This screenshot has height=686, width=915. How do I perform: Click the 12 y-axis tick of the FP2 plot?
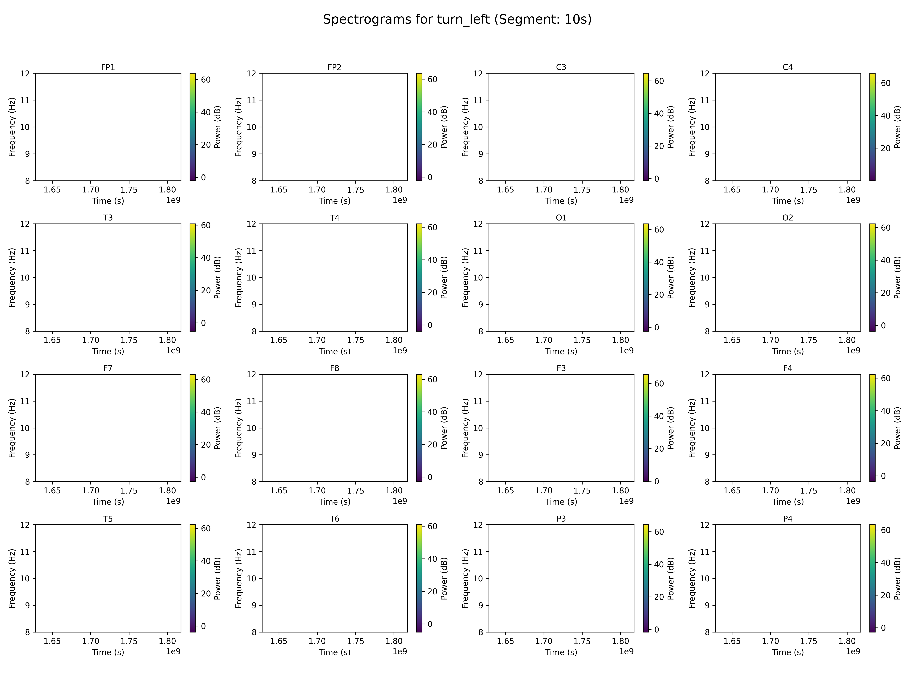[x=251, y=74]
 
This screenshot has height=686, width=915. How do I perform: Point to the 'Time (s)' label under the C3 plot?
[x=561, y=201]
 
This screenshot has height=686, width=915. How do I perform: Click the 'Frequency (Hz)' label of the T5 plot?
[x=12, y=579]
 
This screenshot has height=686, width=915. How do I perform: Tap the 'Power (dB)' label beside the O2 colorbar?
[x=897, y=277]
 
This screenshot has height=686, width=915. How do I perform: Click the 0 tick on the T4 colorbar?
[x=430, y=325]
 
